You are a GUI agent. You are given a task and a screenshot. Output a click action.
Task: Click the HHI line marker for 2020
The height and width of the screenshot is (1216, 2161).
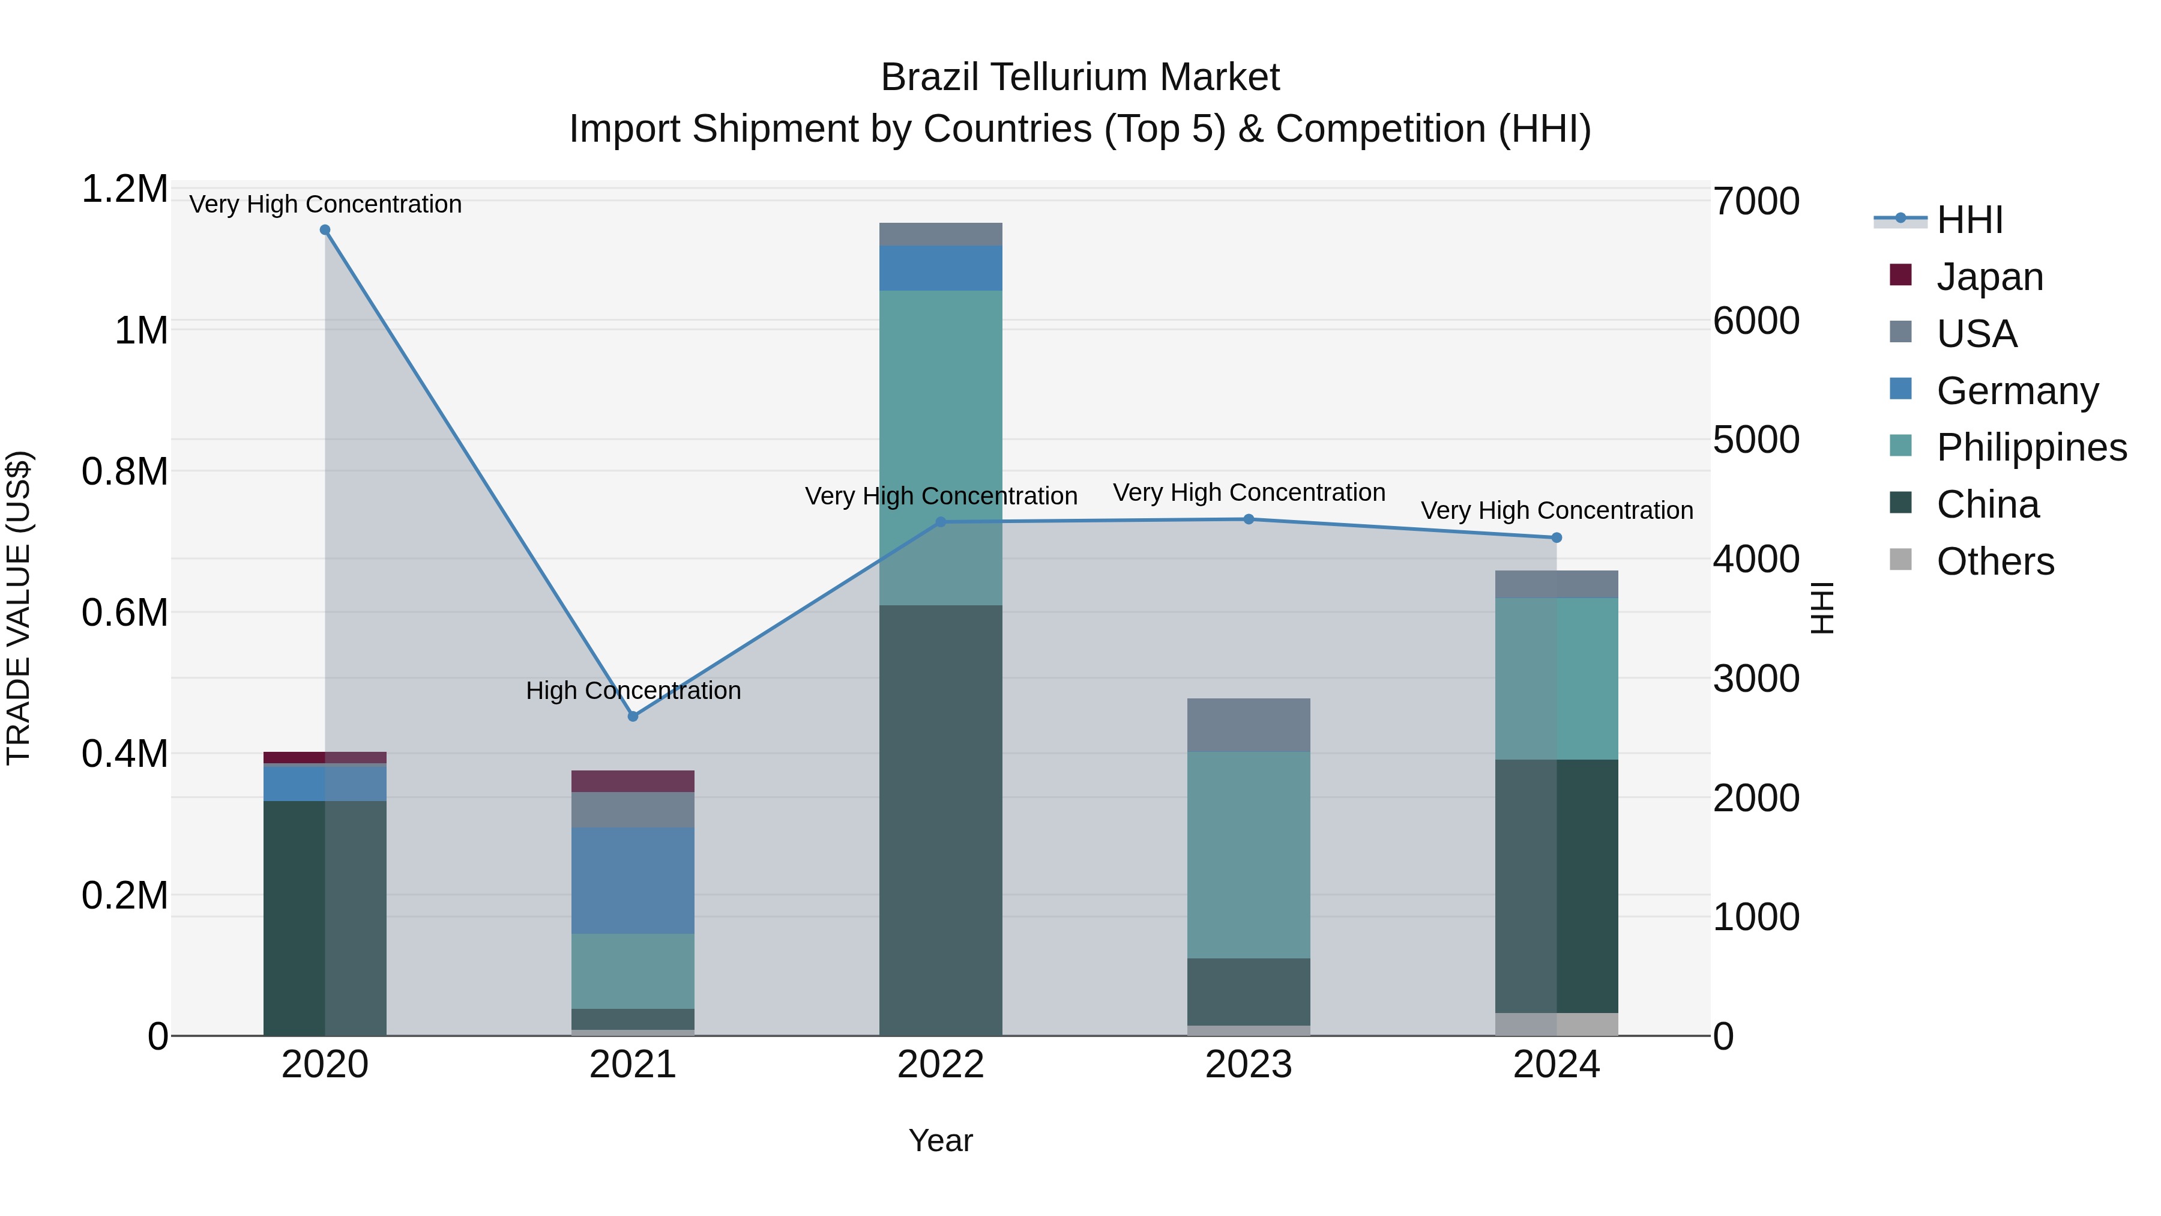click(x=325, y=230)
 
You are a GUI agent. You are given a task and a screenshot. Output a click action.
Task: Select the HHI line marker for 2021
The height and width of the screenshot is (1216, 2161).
click(x=633, y=716)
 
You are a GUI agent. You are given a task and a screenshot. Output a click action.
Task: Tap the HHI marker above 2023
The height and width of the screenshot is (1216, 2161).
click(x=1249, y=519)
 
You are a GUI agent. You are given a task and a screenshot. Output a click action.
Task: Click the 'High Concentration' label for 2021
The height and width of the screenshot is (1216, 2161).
click(x=633, y=691)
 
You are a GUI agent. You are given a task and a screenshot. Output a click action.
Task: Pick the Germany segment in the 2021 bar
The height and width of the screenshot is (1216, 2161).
click(x=633, y=880)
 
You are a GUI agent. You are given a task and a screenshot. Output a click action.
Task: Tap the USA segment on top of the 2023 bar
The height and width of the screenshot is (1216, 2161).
click(x=1249, y=724)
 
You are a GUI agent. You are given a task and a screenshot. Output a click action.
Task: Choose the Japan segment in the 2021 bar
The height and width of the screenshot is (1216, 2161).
click(x=633, y=781)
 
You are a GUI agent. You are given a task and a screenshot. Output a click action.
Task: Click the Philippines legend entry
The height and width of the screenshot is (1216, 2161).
click(x=2030, y=447)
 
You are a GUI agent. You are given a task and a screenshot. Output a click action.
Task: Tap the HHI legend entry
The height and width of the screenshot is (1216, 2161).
click(x=1969, y=220)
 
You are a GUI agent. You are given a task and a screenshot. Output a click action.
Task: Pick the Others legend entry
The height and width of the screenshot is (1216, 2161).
click(x=1995, y=561)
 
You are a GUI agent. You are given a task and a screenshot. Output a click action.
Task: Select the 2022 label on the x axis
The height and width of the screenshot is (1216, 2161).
click(x=941, y=1065)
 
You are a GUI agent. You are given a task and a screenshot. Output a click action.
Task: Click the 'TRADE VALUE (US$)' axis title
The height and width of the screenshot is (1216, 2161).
click(x=19, y=608)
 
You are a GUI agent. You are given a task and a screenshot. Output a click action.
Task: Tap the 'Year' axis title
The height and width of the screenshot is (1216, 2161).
click(x=941, y=1140)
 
